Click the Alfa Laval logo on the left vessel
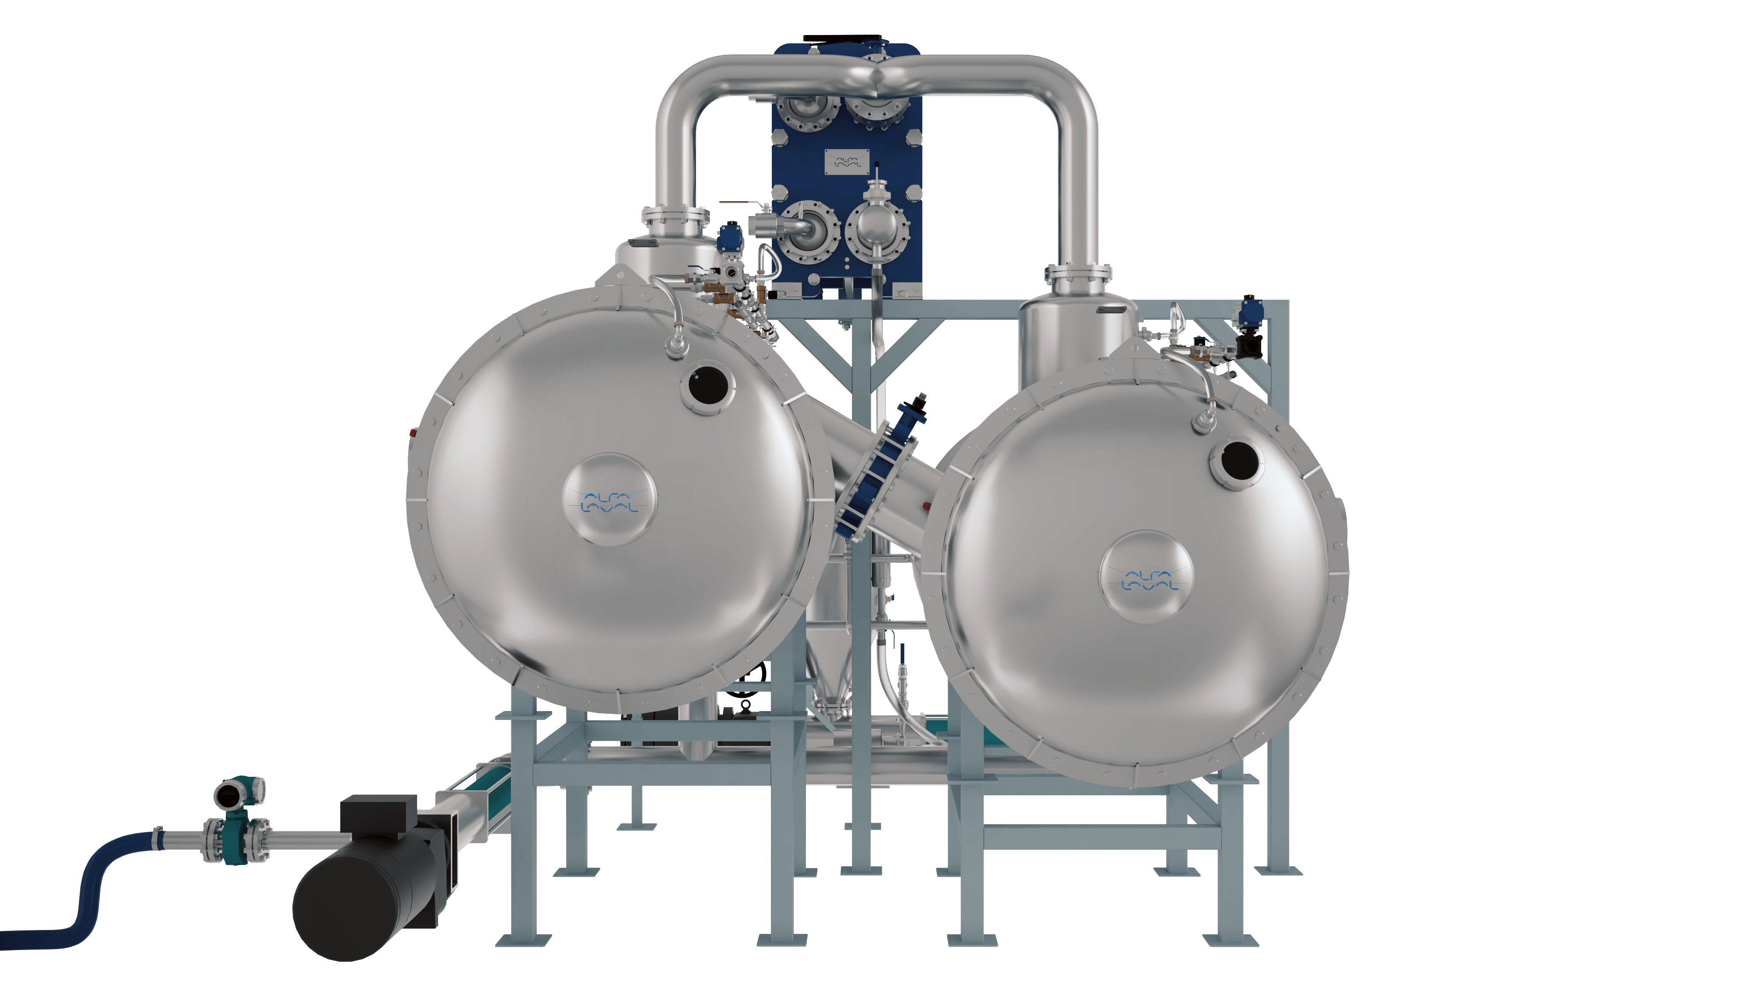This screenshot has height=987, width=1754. coord(610,500)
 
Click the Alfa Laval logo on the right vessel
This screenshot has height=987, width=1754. coord(1147,578)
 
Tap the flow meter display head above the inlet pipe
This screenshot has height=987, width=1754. coord(240,794)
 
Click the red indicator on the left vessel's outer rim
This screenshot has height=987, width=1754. coord(414,432)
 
